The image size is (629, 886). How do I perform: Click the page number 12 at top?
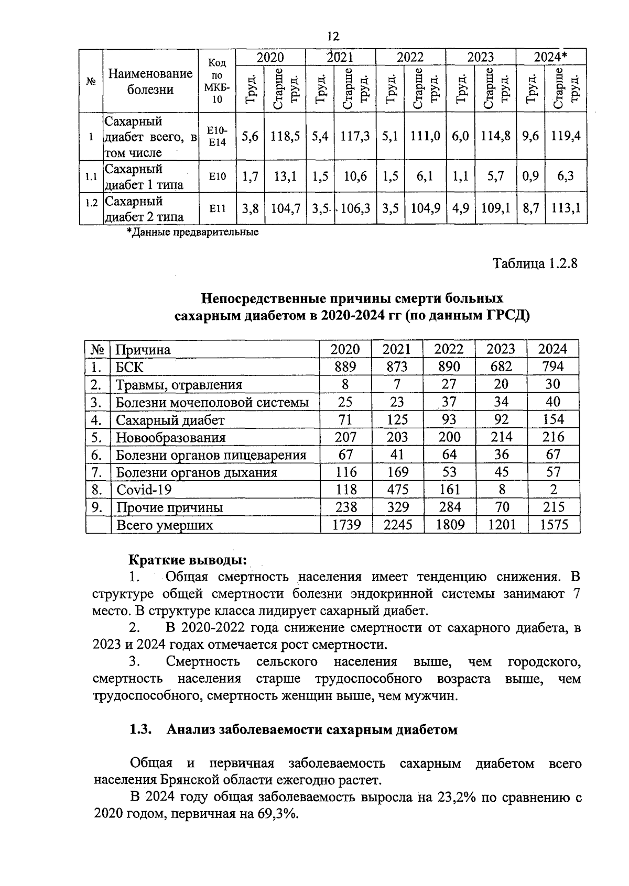tap(333, 36)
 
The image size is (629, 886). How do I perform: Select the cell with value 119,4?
tap(566, 136)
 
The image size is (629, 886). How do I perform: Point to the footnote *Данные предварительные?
tap(192, 232)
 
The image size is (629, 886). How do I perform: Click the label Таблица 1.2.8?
tap(535, 263)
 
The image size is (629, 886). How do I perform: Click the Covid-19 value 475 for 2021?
tap(397, 490)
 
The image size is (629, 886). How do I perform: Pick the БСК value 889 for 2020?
tap(345, 367)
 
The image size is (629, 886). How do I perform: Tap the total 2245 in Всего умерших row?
tap(397, 524)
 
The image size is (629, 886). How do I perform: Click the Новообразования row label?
tap(170, 437)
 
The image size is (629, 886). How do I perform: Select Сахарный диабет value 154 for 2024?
tap(553, 419)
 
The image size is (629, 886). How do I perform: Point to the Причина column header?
tap(143, 349)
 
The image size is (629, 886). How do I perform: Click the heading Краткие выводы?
tap(188, 559)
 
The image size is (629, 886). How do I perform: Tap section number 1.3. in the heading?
tap(140, 729)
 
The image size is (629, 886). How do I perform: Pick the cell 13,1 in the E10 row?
tap(285, 176)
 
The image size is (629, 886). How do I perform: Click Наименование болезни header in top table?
tap(150, 81)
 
